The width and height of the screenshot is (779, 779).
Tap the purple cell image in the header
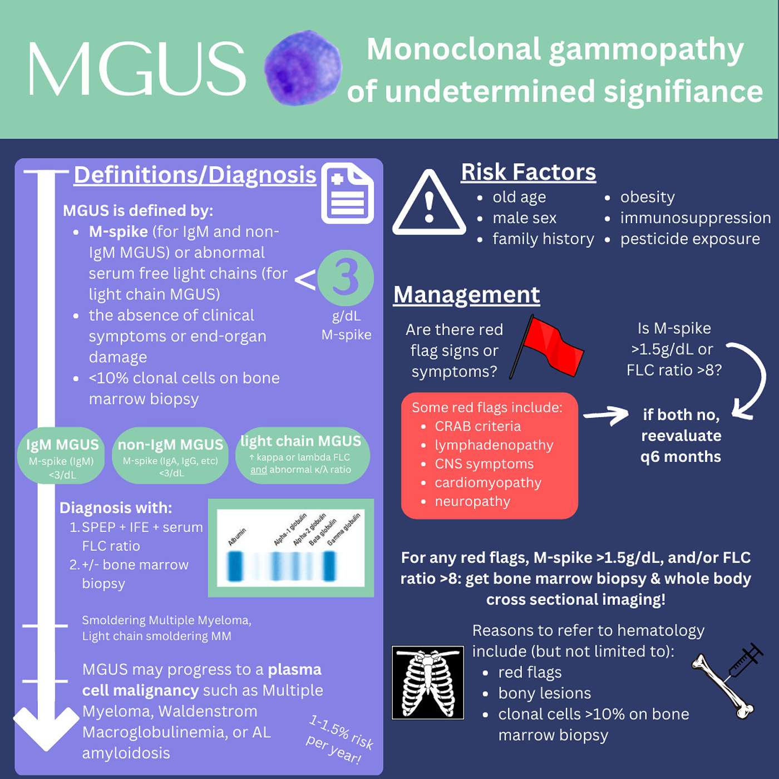click(x=303, y=68)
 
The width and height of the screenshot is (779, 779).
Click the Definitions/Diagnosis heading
click(x=195, y=175)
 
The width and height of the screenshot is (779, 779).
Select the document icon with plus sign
click(x=348, y=193)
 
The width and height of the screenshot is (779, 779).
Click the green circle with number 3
click(x=346, y=278)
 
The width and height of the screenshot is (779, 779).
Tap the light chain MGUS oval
click(x=301, y=455)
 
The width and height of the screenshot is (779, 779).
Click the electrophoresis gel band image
click(x=290, y=548)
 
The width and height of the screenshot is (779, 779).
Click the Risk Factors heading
click(x=528, y=172)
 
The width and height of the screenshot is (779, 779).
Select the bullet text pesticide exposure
click(x=689, y=239)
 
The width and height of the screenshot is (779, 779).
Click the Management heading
click(x=466, y=294)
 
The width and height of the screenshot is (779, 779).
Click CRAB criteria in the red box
click(x=477, y=426)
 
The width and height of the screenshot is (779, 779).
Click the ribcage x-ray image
click(x=428, y=683)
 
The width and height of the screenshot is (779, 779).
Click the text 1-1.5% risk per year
click(x=339, y=739)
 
